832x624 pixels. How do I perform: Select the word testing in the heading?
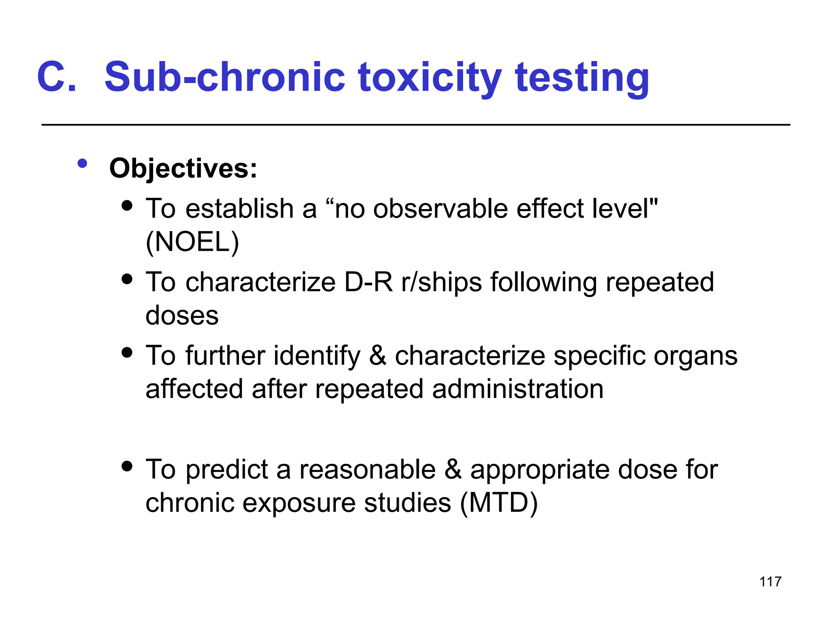coord(582,77)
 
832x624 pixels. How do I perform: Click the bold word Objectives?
coord(183,168)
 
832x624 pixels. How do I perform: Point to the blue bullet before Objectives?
coord(82,163)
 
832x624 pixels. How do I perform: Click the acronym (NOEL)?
coord(192,242)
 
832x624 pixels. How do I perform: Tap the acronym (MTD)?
coord(499,503)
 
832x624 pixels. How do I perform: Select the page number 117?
coord(770,582)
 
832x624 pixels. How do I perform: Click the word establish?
coord(240,209)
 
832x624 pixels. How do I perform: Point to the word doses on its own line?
coord(182,315)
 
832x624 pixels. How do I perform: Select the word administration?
coord(518,389)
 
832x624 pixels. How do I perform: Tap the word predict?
coord(227,470)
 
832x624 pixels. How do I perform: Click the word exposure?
coord(299,503)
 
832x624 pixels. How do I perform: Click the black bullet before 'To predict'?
coord(127,466)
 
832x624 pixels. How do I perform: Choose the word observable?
coord(440,209)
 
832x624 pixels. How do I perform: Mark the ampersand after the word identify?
coord(378,356)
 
